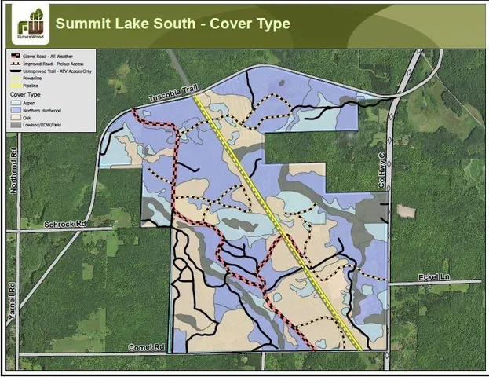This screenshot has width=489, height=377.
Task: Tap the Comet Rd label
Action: pyautogui.click(x=147, y=346)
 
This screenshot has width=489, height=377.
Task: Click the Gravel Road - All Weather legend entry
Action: pyautogui.click(x=55, y=57)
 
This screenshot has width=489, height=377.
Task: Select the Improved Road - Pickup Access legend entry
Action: pyautogui.click(x=59, y=64)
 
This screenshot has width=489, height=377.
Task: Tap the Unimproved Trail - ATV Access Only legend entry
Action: pyautogui.click(x=63, y=71)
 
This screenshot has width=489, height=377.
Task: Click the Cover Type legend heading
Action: pyautogui.click(x=25, y=93)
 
